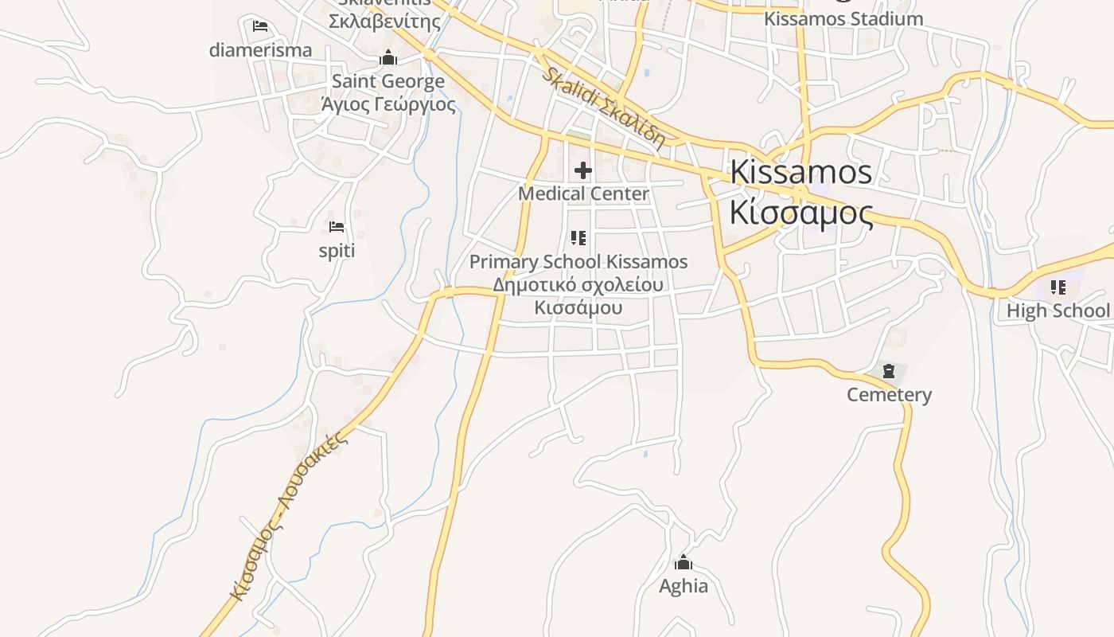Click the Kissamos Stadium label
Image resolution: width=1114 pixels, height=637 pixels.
843,18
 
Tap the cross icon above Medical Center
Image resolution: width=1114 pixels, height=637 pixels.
583,170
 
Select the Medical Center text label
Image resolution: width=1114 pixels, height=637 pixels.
583,193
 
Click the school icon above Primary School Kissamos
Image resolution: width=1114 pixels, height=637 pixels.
578,237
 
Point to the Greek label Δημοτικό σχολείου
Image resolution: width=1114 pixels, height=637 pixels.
578,284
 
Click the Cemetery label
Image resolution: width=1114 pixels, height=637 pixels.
889,394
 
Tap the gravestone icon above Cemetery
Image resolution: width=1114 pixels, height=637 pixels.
889,370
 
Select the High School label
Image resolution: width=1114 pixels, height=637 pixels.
1058,311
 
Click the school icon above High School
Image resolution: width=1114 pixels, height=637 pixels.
1058,287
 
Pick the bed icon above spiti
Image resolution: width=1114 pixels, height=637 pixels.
337,227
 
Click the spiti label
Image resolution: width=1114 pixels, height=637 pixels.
337,251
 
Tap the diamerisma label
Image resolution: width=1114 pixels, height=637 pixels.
260,50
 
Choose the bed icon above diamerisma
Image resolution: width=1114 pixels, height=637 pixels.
260,26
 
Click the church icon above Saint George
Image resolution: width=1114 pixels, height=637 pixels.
388,58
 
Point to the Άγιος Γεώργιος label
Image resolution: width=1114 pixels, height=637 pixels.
388,104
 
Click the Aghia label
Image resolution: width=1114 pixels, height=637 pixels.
683,586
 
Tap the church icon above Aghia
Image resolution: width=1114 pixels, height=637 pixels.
683,563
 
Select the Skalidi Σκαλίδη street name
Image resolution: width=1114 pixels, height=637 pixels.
602,109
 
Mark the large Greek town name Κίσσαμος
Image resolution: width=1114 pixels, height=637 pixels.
800,213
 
